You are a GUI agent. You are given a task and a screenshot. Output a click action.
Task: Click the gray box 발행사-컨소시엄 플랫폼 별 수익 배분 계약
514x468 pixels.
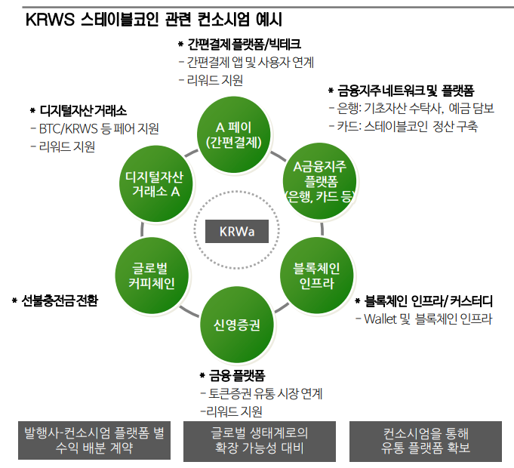[94, 440]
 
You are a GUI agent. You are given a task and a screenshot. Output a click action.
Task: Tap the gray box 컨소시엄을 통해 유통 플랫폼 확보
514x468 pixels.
[426, 440]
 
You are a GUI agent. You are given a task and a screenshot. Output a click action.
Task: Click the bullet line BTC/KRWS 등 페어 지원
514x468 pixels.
[98, 129]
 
